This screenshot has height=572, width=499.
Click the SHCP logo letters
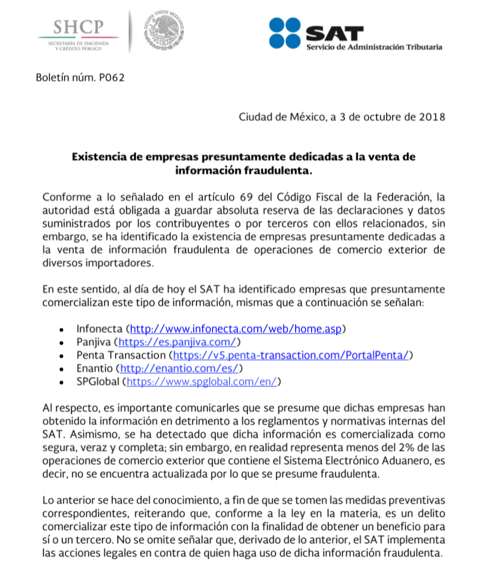click(x=78, y=26)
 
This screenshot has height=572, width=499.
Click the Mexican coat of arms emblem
click(x=163, y=31)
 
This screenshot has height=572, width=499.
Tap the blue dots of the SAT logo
click(x=285, y=33)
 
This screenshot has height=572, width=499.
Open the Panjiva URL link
click(x=177, y=342)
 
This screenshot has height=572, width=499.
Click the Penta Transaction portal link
click(x=295, y=355)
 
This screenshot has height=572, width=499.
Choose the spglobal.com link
click(x=201, y=381)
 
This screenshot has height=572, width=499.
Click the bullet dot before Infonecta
click(x=61, y=330)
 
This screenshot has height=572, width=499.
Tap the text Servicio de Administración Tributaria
click(x=374, y=47)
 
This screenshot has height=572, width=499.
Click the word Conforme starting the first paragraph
click(x=64, y=197)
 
